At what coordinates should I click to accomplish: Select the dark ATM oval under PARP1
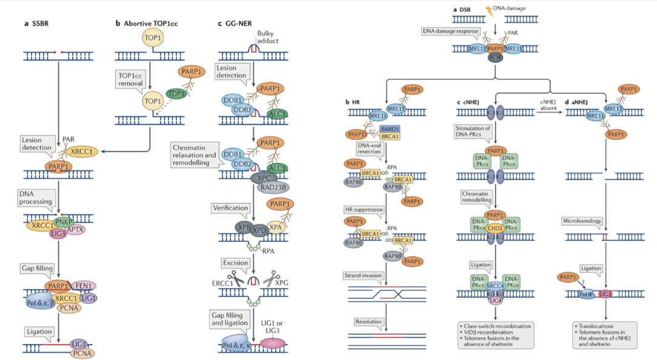pos(495,58)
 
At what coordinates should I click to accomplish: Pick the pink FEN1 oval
pos(84,285)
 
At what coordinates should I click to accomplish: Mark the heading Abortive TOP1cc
pos(150,24)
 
